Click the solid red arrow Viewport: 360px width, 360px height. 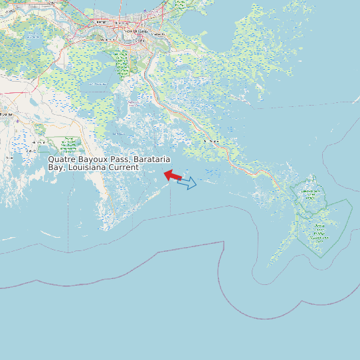[x=173, y=175]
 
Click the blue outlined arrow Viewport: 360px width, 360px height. [x=187, y=183]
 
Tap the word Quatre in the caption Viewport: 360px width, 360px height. [x=62, y=159]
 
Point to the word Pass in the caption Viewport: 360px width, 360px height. [x=120, y=159]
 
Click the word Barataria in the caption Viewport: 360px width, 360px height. [x=152, y=159]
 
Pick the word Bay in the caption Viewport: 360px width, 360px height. [x=55, y=167]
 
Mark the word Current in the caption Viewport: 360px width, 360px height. [x=124, y=167]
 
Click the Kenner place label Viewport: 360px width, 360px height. [x=102, y=22]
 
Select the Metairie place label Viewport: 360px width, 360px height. [x=120, y=25]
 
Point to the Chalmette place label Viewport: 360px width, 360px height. [x=158, y=33]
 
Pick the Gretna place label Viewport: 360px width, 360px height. [x=139, y=40]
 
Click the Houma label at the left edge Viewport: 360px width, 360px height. [x=5, y=114]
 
